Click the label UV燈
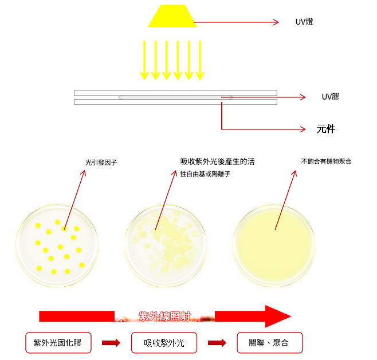pyautogui.click(x=304, y=22)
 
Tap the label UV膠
pyautogui.click(x=331, y=97)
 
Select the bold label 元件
pyautogui.click(x=325, y=129)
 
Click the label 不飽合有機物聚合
pyautogui.click(x=326, y=162)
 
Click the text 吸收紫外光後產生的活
pyautogui.click(x=217, y=162)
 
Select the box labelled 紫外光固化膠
pyautogui.click(x=57, y=343)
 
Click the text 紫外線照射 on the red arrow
pyautogui.click(x=164, y=315)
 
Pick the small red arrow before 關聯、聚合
pyautogui.click(x=217, y=343)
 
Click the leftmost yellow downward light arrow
pyautogui.click(x=144, y=60)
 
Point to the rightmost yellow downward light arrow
pyautogui.click(x=199, y=60)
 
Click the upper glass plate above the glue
pyautogui.click(x=175, y=93)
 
